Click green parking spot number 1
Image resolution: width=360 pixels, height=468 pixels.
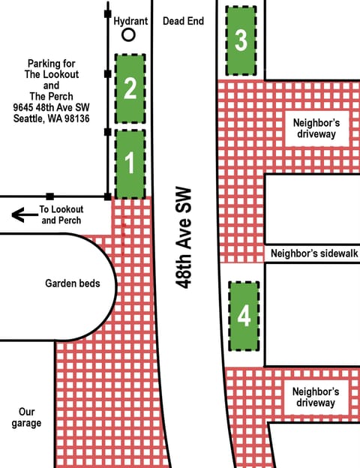pyautogui.click(x=130, y=163)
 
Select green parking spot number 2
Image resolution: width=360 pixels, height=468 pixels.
pyautogui.click(x=130, y=88)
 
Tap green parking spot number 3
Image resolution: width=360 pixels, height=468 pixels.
pyautogui.click(x=240, y=40)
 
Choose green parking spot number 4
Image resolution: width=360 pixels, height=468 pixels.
pyautogui.click(x=244, y=316)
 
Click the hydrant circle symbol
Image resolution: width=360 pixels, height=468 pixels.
pyautogui.click(x=129, y=34)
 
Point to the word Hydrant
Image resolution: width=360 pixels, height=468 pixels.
pyautogui.click(x=130, y=21)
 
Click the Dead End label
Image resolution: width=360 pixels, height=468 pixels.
pyautogui.click(x=183, y=21)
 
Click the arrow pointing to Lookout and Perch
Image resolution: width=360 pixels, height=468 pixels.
pyautogui.click(x=24, y=216)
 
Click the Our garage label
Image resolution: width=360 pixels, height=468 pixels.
pyautogui.click(x=27, y=418)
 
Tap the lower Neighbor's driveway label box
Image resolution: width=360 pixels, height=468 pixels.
pyautogui.click(x=316, y=397)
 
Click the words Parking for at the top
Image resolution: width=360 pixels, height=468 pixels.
pyautogui.click(x=53, y=63)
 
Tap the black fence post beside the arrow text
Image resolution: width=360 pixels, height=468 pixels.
pyautogui.click(x=49, y=196)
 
